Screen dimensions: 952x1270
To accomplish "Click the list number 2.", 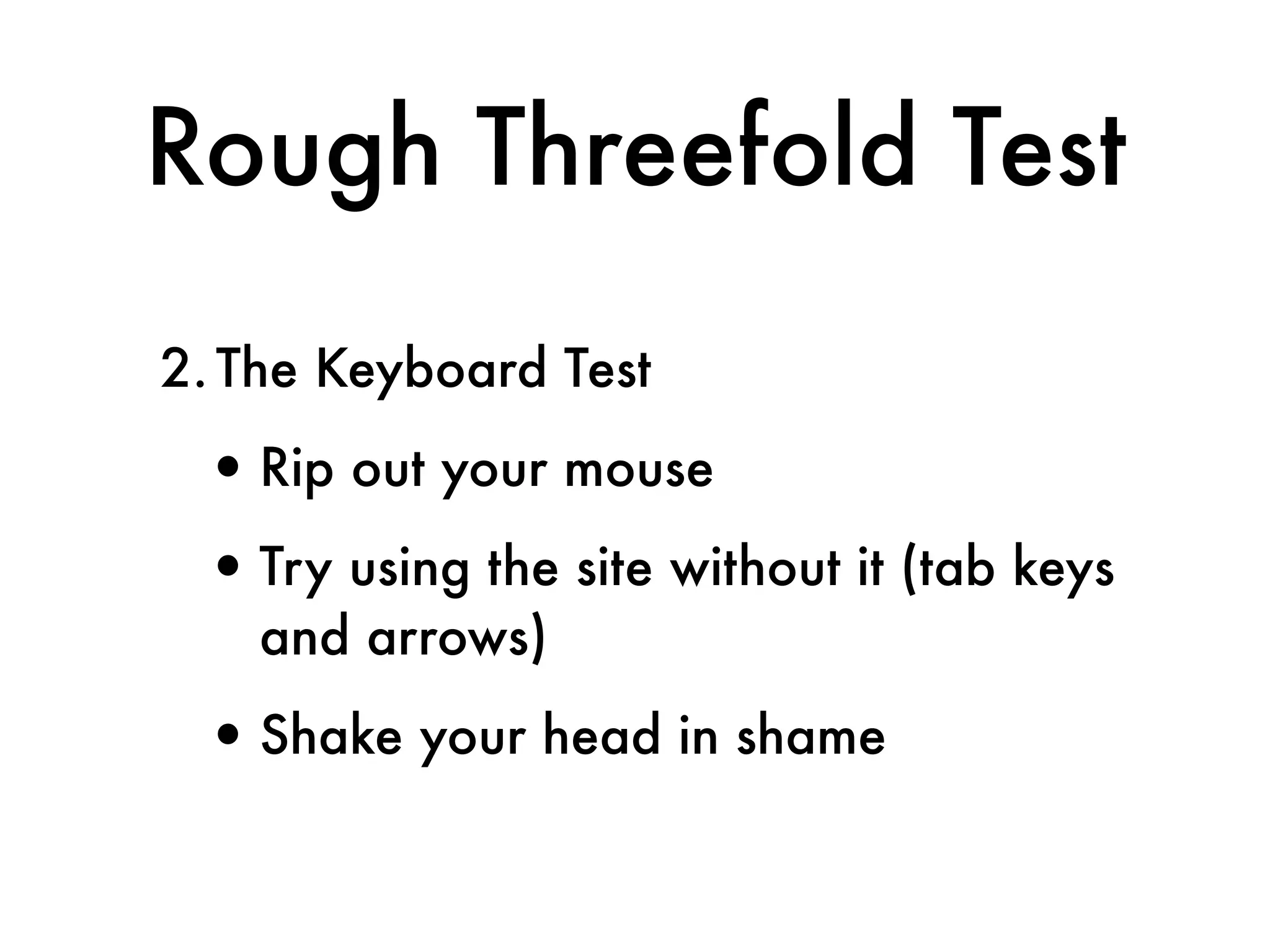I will (x=180, y=370).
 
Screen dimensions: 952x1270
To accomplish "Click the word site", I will (x=614, y=567).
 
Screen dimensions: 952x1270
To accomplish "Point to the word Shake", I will (x=331, y=736).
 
